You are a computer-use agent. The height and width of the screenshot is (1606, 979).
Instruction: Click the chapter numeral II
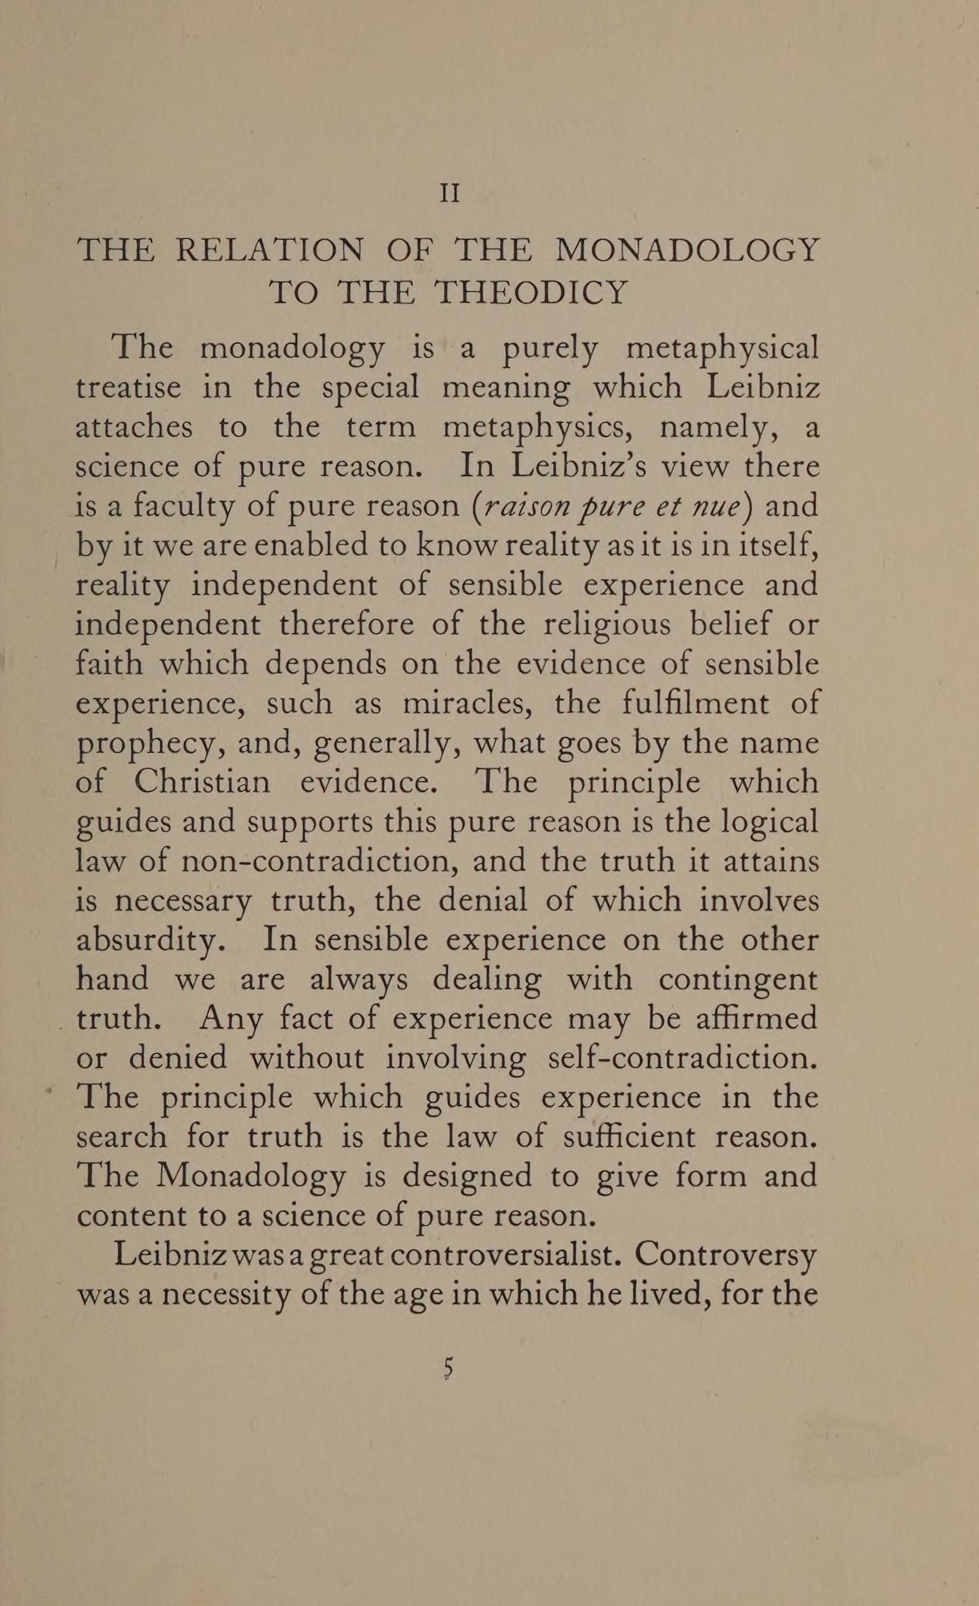[x=450, y=194]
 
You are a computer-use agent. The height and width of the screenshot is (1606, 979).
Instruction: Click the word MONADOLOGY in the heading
[x=688, y=250]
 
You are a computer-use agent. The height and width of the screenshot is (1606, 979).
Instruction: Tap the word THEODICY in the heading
[x=530, y=293]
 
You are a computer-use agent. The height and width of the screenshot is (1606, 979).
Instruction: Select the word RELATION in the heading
[x=270, y=250]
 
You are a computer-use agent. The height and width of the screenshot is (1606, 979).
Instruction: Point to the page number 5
[x=447, y=1368]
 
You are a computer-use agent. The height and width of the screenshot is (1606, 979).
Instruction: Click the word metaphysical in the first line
[x=722, y=349]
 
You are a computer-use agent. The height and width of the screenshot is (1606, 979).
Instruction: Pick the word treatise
[x=128, y=388]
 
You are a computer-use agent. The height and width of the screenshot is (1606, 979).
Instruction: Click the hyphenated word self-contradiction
[x=682, y=1058]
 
